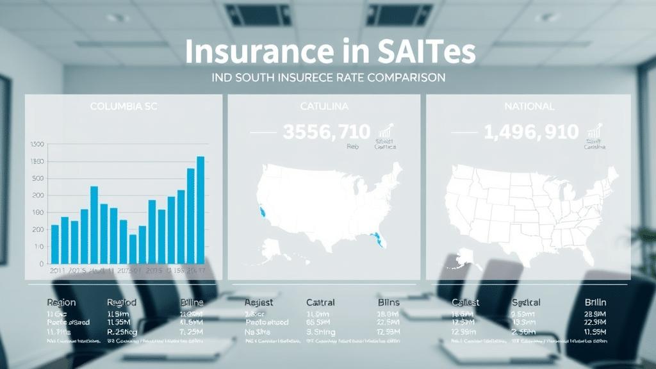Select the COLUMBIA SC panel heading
(x=123, y=106)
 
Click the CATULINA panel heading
(x=324, y=106)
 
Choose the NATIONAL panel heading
(x=529, y=106)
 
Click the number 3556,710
(x=326, y=133)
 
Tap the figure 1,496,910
(x=531, y=133)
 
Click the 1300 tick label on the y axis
(x=37, y=143)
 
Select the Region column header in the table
(x=61, y=302)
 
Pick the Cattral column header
(x=320, y=302)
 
